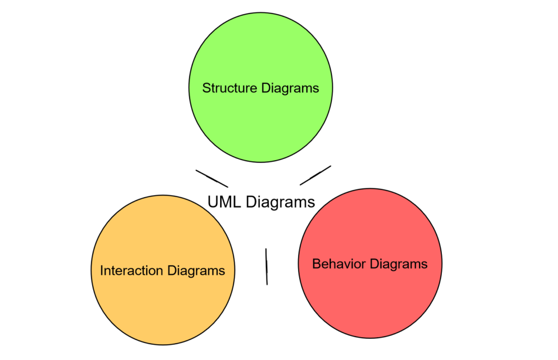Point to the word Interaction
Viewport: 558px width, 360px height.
point(132,271)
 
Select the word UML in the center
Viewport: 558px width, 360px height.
point(225,202)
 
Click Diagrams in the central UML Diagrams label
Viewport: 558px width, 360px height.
point(280,202)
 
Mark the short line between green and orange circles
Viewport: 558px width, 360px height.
point(212,178)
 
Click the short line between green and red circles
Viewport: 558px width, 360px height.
point(316,175)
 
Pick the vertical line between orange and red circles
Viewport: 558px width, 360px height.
point(266,266)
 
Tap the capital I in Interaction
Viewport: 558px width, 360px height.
point(102,271)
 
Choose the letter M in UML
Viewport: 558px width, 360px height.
point(225,202)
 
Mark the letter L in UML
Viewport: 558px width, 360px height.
point(236,202)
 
